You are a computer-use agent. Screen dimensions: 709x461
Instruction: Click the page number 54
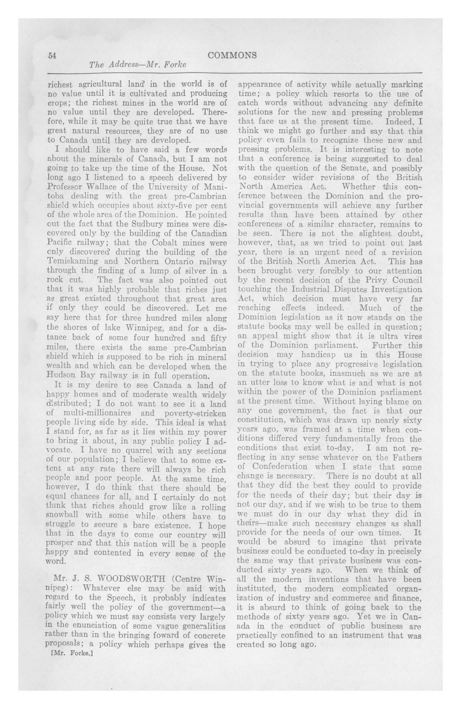(x=52, y=55)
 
